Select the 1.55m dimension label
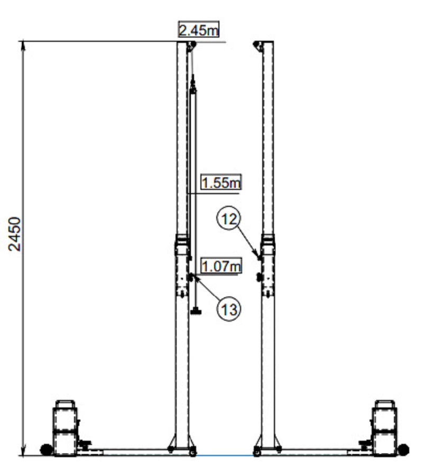[x=220, y=183]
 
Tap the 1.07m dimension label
[x=220, y=266]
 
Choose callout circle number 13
[x=229, y=309]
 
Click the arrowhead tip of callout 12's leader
[x=259, y=259]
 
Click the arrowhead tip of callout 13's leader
[x=192, y=276]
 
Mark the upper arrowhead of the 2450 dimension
[x=23, y=44]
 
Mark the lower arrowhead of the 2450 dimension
[x=23, y=452]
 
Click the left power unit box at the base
[x=66, y=429]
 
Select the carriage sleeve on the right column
[x=269, y=265]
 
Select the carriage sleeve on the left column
[x=182, y=265]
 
